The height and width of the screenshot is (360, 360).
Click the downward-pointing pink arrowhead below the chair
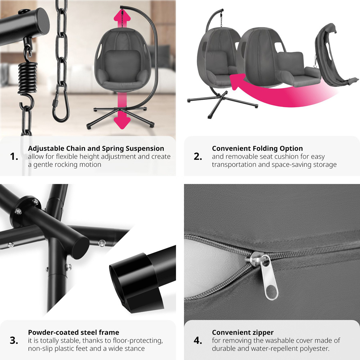122,121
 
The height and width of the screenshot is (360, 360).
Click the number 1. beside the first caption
14,157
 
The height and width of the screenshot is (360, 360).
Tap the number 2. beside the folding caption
198,157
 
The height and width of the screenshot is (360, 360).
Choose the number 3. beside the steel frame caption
14,340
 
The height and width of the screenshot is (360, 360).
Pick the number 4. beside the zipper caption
198,340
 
